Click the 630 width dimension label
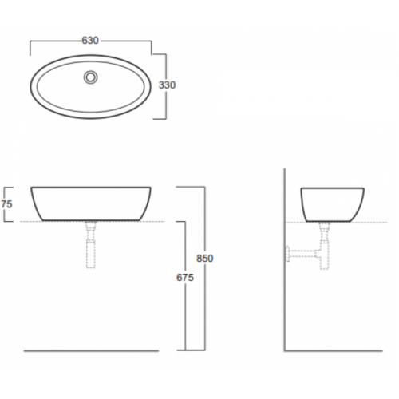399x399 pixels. (x=90, y=41)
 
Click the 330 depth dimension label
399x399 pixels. (x=167, y=85)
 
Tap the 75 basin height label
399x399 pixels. (x=6, y=204)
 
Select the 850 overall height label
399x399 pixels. (x=205, y=259)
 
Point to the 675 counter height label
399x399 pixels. (x=185, y=278)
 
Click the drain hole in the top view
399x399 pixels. (x=91, y=77)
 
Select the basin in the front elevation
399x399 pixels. (x=91, y=203)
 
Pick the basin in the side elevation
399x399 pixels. (x=333, y=205)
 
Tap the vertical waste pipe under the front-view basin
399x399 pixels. (x=91, y=245)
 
